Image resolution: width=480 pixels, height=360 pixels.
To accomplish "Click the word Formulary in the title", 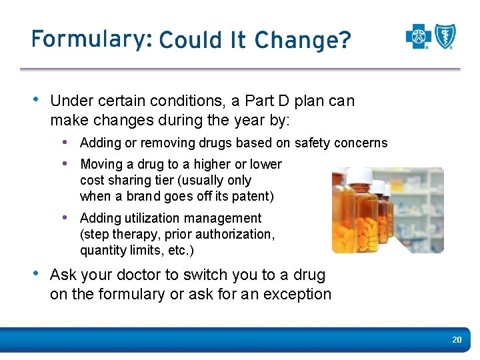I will (87, 40).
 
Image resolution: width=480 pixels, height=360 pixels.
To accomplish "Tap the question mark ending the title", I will (344, 41).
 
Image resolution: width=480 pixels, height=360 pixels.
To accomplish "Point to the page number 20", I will (457, 340).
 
